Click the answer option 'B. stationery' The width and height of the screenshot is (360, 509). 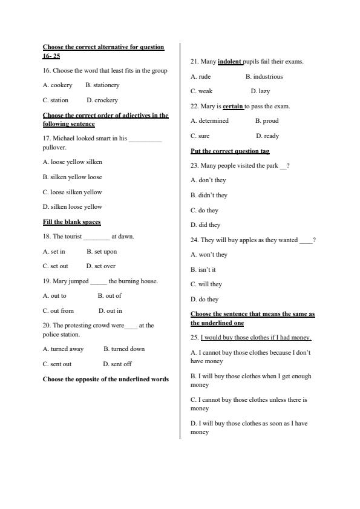(x=102, y=85)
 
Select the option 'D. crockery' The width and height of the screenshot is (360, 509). (x=102, y=100)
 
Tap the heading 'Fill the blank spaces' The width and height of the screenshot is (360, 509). (x=71, y=222)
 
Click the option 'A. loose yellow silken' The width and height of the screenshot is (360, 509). (x=72, y=162)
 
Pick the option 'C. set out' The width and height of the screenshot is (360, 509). (x=55, y=266)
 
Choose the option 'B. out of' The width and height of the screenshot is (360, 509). (x=110, y=296)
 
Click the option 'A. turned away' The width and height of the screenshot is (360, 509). (x=63, y=349)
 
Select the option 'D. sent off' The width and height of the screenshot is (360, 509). (x=117, y=364)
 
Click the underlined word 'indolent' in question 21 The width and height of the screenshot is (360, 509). (x=229, y=62)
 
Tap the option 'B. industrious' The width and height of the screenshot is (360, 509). (x=264, y=77)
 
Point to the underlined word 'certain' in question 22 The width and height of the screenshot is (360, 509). (x=233, y=107)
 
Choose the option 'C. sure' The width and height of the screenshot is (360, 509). (x=200, y=136)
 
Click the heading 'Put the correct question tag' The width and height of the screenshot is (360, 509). (x=230, y=151)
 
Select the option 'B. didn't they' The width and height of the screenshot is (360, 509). (x=209, y=195)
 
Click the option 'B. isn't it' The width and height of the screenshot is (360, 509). (x=203, y=270)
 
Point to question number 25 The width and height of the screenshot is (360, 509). (x=194, y=338)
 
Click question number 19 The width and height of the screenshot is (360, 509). (x=47, y=281)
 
